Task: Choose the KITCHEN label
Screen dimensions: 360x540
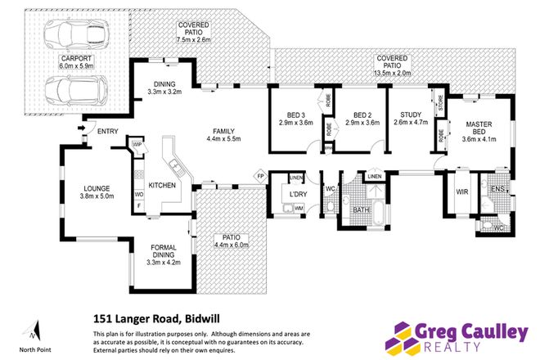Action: point(162,186)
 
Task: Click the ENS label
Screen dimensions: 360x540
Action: point(498,190)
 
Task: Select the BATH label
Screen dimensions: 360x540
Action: point(361,210)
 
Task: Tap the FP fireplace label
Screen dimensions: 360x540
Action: point(261,176)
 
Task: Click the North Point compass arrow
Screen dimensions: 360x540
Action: point(33,331)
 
